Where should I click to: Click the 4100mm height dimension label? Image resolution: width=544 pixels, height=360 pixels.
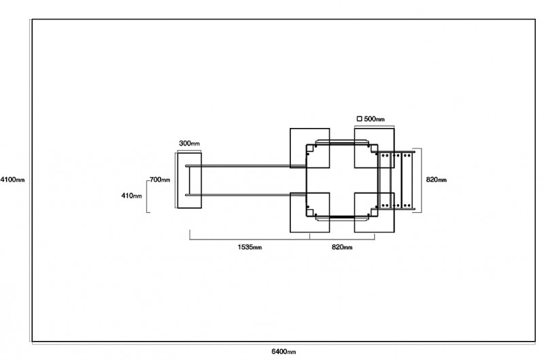pyautogui.click(x=12, y=180)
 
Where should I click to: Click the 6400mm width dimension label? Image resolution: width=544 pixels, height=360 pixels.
pyautogui.click(x=284, y=351)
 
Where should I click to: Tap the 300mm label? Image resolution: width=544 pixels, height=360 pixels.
pyautogui.click(x=189, y=143)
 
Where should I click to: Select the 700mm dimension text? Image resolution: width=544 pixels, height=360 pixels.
pyautogui.click(x=160, y=180)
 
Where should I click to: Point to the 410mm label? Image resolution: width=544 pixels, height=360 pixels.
pyautogui.click(x=131, y=195)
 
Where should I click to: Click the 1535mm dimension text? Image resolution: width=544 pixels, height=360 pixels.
pyautogui.click(x=250, y=247)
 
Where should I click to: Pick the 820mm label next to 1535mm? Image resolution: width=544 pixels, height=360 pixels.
pyautogui.click(x=342, y=247)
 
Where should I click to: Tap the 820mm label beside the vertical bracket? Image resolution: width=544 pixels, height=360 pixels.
pyautogui.click(x=437, y=180)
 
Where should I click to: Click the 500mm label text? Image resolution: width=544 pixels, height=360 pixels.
pyautogui.click(x=375, y=119)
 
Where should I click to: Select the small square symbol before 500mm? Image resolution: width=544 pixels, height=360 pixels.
pyautogui.click(x=360, y=118)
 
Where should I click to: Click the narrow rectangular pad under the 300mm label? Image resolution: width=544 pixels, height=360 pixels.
pyautogui.click(x=190, y=180)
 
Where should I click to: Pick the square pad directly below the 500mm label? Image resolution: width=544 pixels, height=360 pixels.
pyautogui.click(x=375, y=148)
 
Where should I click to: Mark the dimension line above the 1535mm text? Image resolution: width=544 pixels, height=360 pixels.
pyautogui.click(x=250, y=239)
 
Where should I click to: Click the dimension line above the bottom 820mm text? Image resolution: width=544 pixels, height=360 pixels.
pyautogui.click(x=342, y=239)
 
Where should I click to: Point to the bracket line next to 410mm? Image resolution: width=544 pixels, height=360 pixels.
pyautogui.click(x=147, y=196)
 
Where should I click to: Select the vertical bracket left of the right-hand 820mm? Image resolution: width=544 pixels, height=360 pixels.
pyautogui.click(x=421, y=180)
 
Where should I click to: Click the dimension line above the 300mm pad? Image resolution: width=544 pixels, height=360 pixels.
pyautogui.click(x=190, y=150)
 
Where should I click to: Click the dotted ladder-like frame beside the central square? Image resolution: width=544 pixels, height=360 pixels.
pyautogui.click(x=396, y=180)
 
